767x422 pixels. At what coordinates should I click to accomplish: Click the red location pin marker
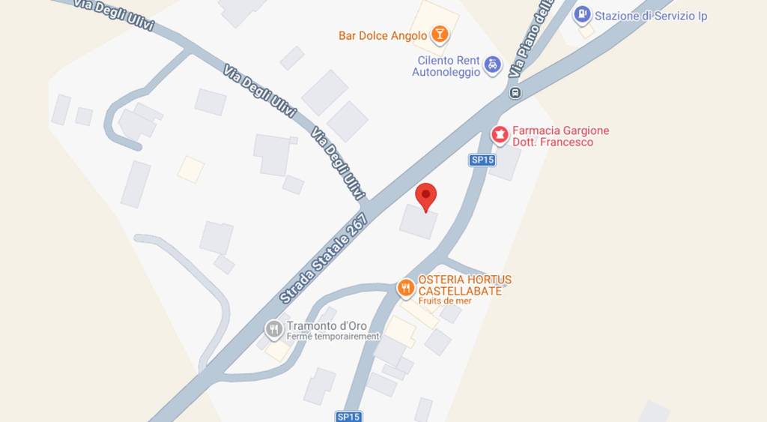[426, 196]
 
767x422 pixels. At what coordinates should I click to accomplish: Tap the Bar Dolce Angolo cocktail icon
[440, 34]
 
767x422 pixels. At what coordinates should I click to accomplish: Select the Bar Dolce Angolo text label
[382, 35]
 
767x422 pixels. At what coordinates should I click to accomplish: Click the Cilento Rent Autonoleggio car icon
[492, 65]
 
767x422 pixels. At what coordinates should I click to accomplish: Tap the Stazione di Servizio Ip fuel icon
[582, 15]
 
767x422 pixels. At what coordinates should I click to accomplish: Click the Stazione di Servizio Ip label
[650, 16]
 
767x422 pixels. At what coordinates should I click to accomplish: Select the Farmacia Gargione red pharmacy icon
[500, 135]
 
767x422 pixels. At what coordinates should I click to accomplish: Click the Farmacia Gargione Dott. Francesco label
[560, 136]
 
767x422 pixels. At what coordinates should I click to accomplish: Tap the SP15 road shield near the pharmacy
[483, 160]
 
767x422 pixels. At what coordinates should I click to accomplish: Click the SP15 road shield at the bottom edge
[349, 417]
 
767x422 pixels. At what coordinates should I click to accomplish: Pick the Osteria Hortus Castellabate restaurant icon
[406, 287]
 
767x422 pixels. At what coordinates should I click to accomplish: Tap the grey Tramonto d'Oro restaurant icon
[274, 328]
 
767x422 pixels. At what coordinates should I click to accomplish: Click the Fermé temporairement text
[333, 337]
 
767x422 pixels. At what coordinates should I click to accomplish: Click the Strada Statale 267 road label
[324, 258]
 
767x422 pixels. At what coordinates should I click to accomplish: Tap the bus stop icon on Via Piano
[515, 93]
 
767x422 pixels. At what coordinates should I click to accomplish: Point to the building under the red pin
[418, 222]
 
